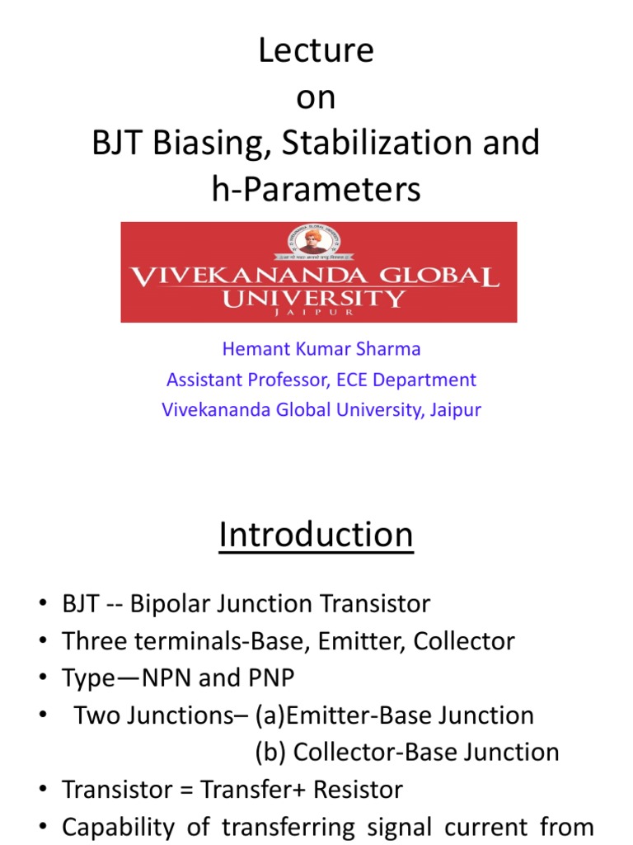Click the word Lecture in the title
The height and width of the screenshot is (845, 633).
pos(316,52)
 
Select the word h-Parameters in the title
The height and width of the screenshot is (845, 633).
pos(316,190)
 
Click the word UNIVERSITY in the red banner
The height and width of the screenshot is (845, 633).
pos(314,298)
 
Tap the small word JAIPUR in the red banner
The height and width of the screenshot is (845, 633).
pos(314,314)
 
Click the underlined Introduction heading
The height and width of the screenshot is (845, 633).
pos(316,536)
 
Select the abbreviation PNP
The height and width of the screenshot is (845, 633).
pos(266,678)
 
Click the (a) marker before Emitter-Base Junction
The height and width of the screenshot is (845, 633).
pos(267,715)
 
